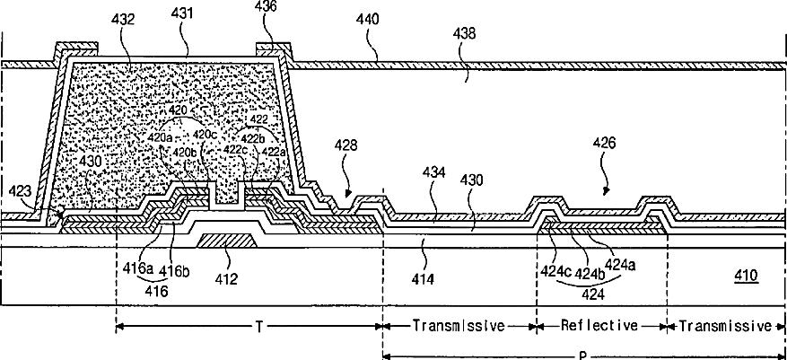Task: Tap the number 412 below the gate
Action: point(226,279)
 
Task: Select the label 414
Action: point(421,280)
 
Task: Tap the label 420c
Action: point(206,135)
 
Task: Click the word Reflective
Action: point(601,325)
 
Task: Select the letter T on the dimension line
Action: point(259,326)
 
